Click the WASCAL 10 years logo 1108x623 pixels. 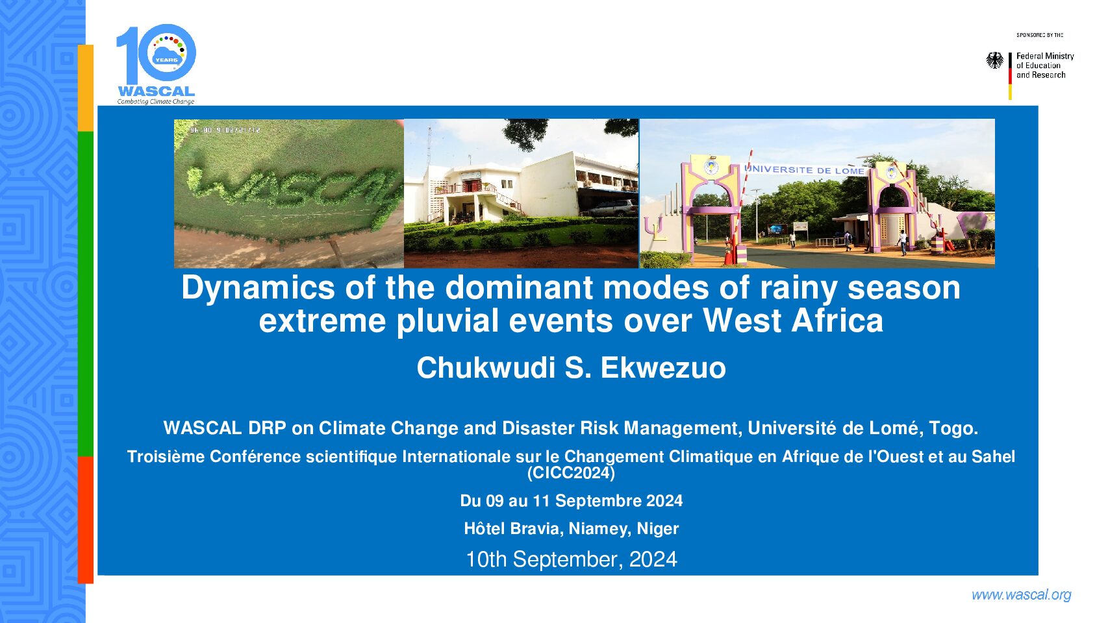click(x=156, y=64)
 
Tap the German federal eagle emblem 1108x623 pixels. click(x=995, y=60)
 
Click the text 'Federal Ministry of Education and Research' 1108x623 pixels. click(x=1045, y=66)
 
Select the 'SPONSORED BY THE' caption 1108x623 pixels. click(x=1040, y=35)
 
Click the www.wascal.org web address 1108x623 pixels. click(x=1022, y=595)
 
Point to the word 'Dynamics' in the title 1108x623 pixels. click(x=257, y=287)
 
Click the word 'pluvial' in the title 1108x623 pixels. click(x=447, y=321)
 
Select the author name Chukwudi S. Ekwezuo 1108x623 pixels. click(x=572, y=368)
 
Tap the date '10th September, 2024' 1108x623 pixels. click(x=572, y=559)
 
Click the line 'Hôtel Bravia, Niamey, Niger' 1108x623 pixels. click(x=572, y=529)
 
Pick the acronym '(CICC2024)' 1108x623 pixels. click(x=572, y=473)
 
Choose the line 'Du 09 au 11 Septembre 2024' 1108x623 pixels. click(x=572, y=501)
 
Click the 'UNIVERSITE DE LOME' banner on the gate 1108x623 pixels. click(x=805, y=170)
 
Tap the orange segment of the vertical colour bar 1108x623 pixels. click(x=86, y=88)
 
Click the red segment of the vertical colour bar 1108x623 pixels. click(x=86, y=520)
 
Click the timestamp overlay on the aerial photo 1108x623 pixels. click(x=225, y=130)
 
